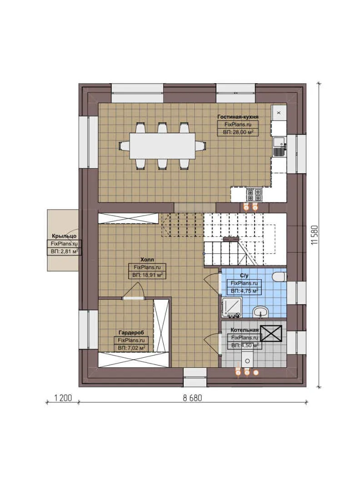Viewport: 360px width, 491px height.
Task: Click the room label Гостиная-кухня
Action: pyautogui.click(x=238, y=116)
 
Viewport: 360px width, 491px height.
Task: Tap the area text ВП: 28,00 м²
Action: pyautogui.click(x=238, y=132)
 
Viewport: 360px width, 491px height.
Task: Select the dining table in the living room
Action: pyautogui.click(x=162, y=145)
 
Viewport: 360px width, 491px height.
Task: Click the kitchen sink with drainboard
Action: pyautogui.click(x=279, y=144)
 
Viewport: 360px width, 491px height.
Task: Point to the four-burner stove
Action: pyautogui.click(x=254, y=195)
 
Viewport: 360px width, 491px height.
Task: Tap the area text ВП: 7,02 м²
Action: pyautogui.click(x=131, y=348)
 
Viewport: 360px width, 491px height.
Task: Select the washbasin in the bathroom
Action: pyautogui.click(x=260, y=311)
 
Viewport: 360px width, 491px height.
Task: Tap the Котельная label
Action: pyautogui.click(x=245, y=330)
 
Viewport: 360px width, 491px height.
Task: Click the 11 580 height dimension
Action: pyautogui.click(x=314, y=235)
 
